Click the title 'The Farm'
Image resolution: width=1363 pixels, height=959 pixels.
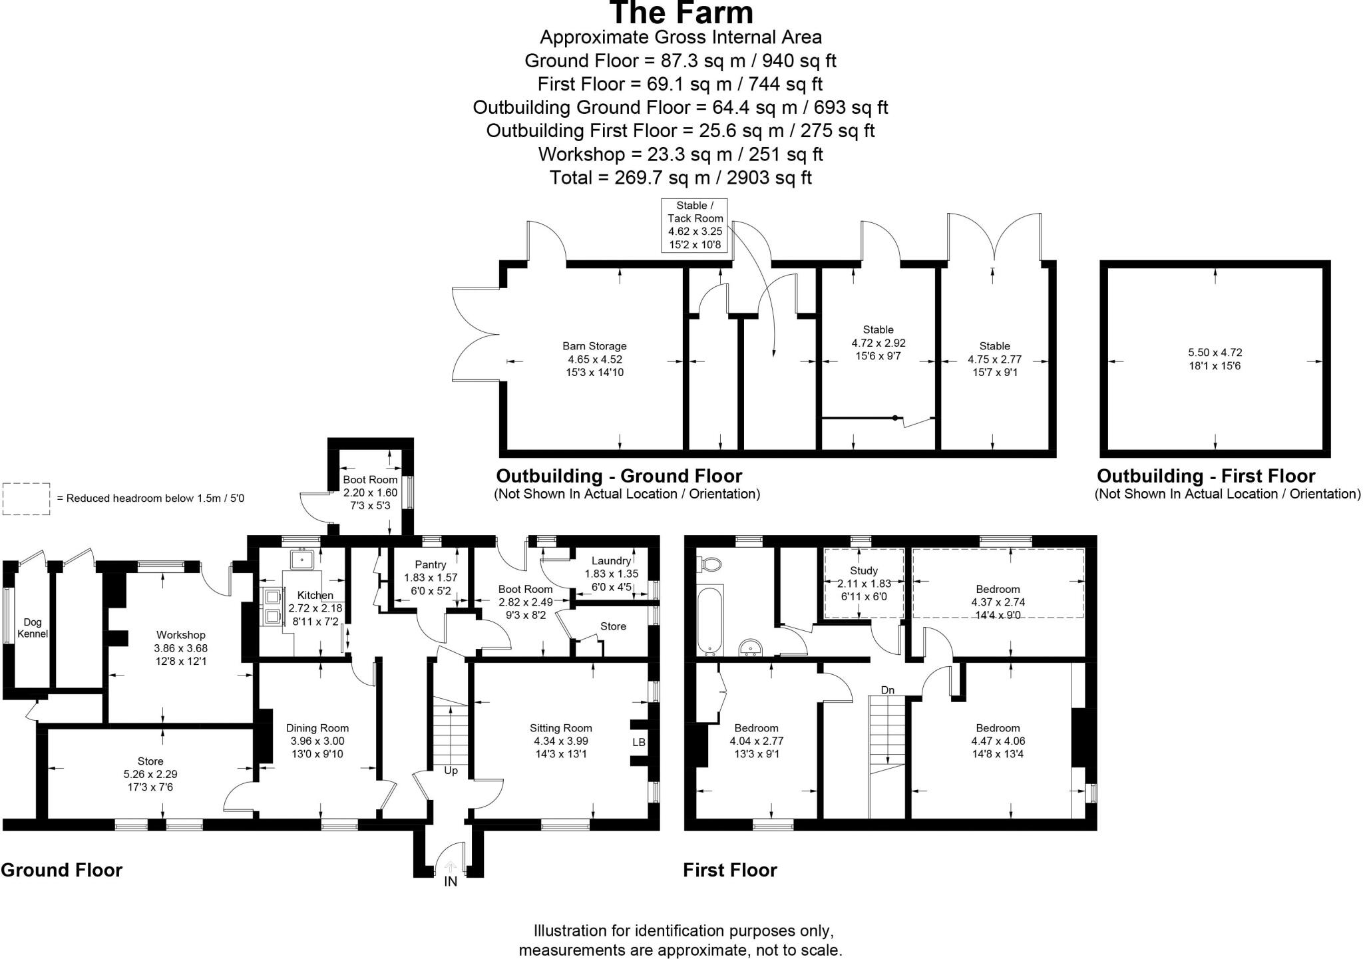point(681,13)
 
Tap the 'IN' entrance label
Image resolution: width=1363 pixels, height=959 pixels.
point(451,882)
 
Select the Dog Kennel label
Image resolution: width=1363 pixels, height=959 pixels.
point(33,628)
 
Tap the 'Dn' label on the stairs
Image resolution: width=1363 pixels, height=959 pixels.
point(888,690)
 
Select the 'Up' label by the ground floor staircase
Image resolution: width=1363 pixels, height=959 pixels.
point(451,771)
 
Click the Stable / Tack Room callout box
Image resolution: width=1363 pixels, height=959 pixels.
point(695,225)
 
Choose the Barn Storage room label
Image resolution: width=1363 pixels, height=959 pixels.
point(594,346)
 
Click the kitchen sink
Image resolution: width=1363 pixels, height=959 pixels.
point(301,560)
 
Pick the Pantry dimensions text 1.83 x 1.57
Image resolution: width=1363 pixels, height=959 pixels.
point(431,578)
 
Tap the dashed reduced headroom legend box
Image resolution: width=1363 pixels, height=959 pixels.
point(26,498)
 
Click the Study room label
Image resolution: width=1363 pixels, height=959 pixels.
point(864,570)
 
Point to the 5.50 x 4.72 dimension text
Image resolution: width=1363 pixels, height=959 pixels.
point(1215,353)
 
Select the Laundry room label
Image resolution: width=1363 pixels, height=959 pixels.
point(611,561)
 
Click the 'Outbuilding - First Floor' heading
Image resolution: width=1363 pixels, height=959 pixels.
point(1206,477)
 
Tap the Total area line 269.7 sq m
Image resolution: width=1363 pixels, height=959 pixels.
point(680,178)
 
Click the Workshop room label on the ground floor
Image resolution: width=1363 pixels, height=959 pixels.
point(180,635)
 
